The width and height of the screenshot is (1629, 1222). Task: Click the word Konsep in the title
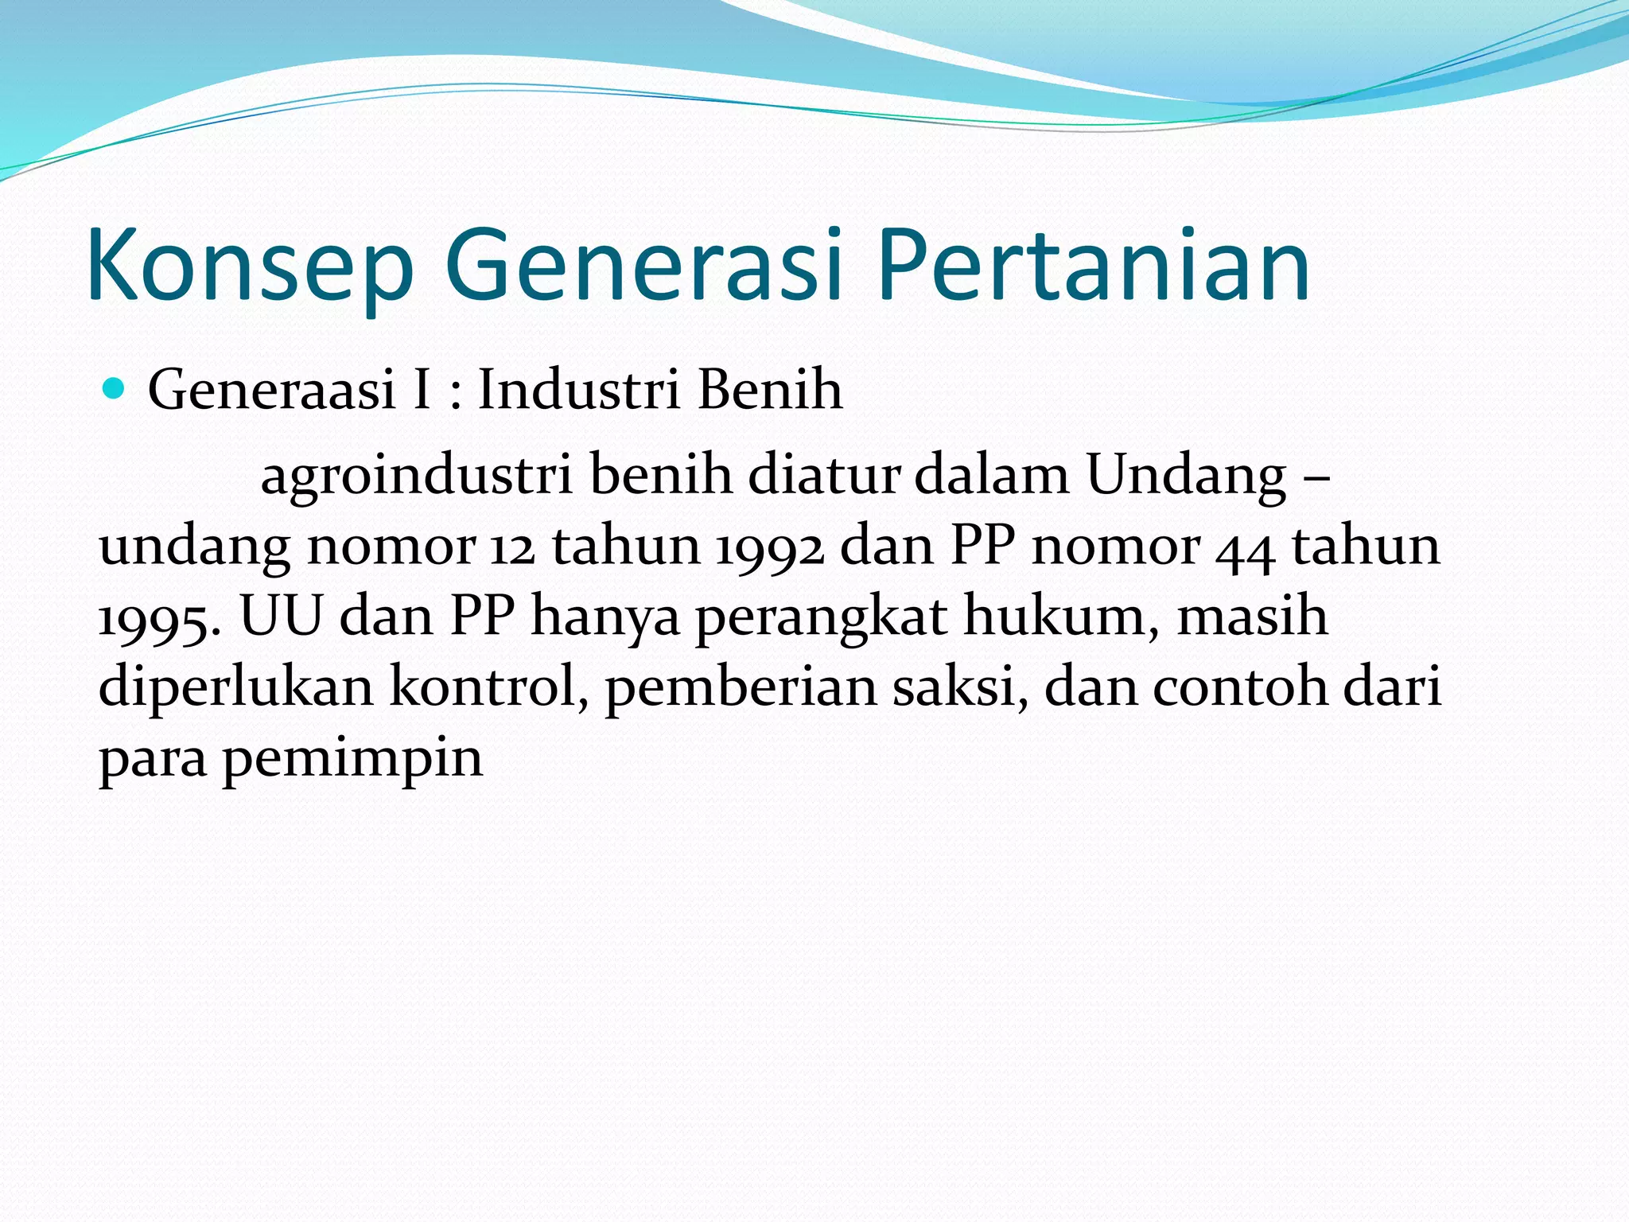click(250, 266)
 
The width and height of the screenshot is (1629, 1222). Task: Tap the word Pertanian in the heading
click(1094, 266)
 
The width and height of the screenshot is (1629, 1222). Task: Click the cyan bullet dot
click(115, 389)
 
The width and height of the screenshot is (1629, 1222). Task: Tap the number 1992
click(769, 547)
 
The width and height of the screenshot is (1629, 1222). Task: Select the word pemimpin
click(352, 760)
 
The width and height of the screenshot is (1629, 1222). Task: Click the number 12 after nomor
click(512, 547)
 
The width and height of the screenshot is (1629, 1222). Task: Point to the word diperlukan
click(235, 688)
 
